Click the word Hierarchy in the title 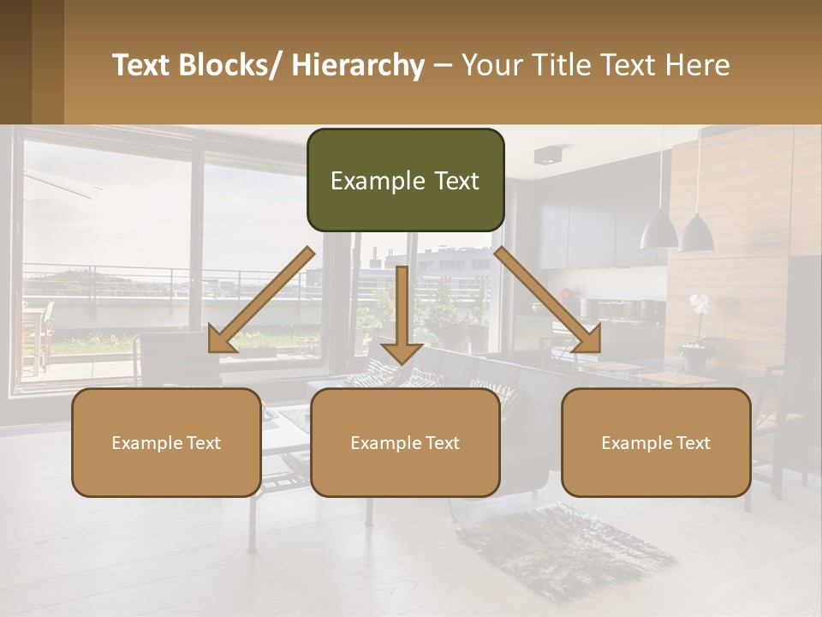[x=358, y=65]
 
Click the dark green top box [x=405, y=180]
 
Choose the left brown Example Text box [x=166, y=442]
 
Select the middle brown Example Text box [x=405, y=442]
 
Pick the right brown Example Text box [x=656, y=442]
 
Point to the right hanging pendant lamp [x=696, y=232]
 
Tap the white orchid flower [x=700, y=303]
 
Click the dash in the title [x=443, y=66]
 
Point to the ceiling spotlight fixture [x=547, y=155]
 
